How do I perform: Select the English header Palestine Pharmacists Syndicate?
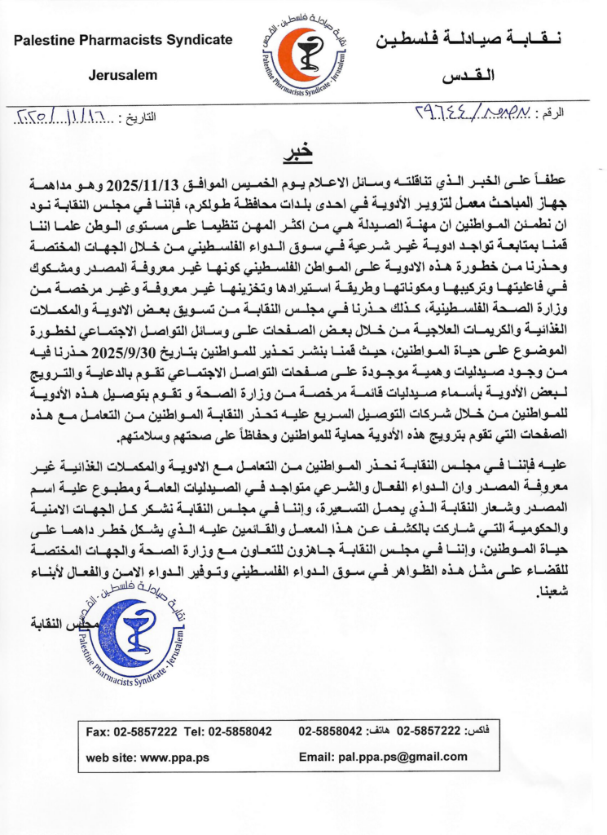click(x=123, y=39)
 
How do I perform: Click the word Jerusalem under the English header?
click(x=123, y=75)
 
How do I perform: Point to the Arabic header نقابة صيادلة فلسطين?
click(x=467, y=39)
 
